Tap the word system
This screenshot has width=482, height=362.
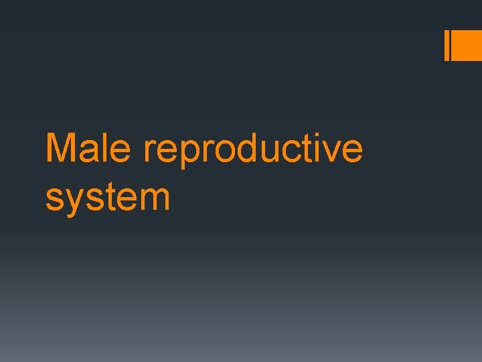[108, 198]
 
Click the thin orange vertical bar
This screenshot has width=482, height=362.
[447, 46]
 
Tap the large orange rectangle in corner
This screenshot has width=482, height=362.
[467, 46]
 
